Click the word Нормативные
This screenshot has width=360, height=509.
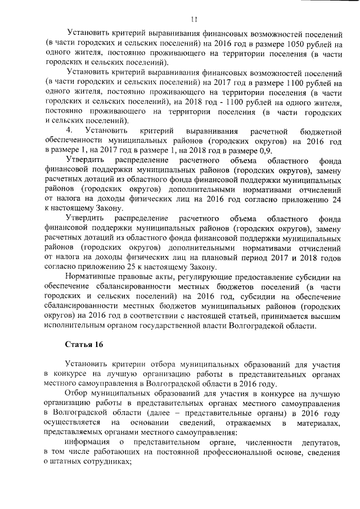(92, 277)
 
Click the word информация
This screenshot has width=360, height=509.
(89, 442)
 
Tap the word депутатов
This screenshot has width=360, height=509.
(320, 442)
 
